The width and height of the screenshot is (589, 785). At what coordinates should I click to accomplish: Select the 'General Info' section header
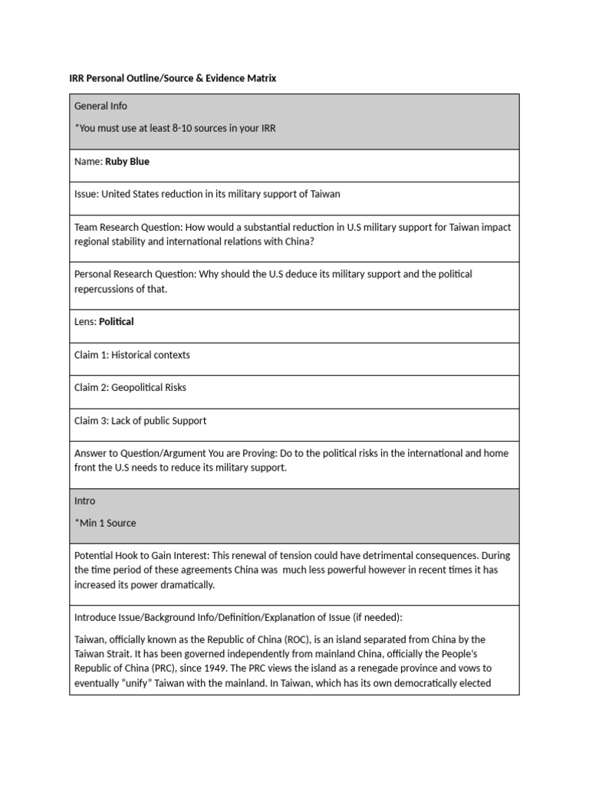pos(100,106)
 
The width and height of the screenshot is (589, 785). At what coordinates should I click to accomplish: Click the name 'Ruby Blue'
pos(127,162)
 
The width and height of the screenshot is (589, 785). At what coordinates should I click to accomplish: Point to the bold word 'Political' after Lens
pos(117,322)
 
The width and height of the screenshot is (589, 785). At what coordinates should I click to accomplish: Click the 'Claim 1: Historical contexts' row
pos(132,355)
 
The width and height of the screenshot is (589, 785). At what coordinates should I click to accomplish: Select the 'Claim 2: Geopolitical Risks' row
pos(130,388)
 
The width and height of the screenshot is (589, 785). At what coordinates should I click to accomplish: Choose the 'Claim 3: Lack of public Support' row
pos(140,421)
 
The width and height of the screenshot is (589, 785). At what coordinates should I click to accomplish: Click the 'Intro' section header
pos(85,501)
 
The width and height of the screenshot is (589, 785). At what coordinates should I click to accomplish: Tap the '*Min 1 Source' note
pos(105,523)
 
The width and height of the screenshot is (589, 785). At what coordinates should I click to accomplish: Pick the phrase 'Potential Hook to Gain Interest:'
pos(142,556)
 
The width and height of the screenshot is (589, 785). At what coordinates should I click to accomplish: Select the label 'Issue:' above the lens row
pos(87,194)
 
